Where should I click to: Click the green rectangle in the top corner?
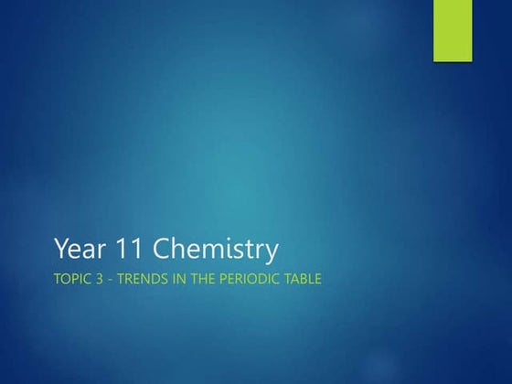tap(452, 30)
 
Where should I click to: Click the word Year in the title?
tap(79, 249)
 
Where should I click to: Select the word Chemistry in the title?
tap(216, 249)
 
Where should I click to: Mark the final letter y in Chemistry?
tap(272, 252)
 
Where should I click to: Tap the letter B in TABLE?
tap(302, 279)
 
